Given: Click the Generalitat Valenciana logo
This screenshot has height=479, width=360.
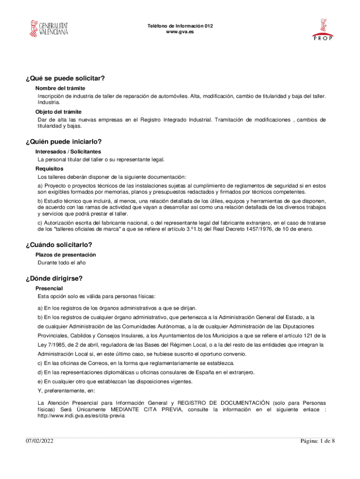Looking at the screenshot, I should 49,29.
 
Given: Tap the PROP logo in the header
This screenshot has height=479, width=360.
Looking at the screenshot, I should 322,29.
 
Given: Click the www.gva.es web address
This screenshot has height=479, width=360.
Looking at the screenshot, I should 180,32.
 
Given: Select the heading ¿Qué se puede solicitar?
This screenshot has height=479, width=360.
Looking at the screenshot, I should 65,78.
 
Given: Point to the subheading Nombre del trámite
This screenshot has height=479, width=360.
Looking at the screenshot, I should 60,88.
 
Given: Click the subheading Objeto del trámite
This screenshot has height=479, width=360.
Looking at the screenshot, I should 58,112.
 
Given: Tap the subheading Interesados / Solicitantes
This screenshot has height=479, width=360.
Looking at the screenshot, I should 68,152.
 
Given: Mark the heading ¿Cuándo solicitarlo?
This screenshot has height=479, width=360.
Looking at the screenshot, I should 59,245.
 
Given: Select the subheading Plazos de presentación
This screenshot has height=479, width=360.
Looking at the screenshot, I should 65,254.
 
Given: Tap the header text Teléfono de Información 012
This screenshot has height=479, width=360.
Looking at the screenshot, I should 180,26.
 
